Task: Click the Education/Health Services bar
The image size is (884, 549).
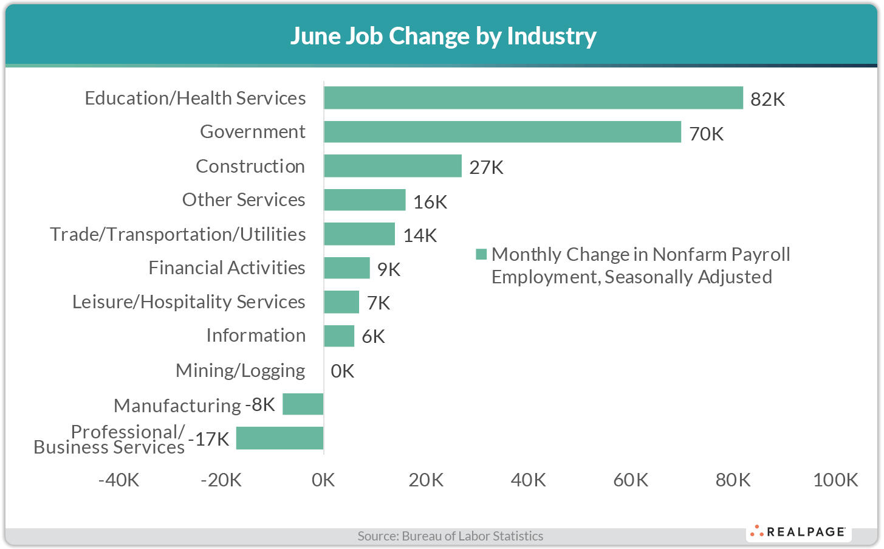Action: pos(533,98)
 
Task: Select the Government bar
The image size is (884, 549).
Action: pos(502,132)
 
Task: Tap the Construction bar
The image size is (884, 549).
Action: pos(392,166)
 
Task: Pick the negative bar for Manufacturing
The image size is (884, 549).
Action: pos(303,404)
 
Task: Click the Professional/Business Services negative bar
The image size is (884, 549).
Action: pos(279,438)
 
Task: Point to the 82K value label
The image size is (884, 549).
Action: pos(767,100)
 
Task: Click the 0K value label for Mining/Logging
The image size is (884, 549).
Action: pos(342,371)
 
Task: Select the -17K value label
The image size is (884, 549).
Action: pos(210,439)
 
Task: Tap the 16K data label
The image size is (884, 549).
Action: pos(430,202)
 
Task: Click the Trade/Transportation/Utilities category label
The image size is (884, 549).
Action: pos(177,234)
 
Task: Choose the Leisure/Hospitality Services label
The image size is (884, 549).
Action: pos(188,302)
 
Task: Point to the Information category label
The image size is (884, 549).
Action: pos(256,336)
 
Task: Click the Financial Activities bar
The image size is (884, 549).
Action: pos(346,268)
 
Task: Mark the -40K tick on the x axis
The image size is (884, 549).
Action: pos(119,480)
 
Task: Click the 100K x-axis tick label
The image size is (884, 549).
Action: pos(835,480)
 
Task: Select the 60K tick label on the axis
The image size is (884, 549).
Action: pos(631,480)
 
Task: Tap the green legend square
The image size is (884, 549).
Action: pos(481,254)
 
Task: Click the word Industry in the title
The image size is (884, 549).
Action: pos(551,36)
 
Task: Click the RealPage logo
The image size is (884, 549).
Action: pos(798,532)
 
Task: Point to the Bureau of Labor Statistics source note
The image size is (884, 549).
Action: pos(450,536)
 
